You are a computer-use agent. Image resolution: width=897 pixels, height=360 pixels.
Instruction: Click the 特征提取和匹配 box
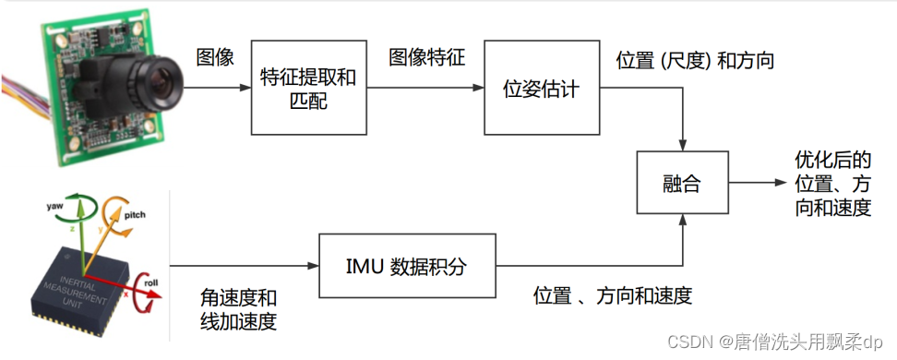308,90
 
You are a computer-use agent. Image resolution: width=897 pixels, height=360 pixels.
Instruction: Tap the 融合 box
682,183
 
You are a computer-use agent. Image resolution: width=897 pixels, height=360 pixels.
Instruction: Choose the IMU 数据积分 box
407,268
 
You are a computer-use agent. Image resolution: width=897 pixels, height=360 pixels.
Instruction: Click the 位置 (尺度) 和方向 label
695,61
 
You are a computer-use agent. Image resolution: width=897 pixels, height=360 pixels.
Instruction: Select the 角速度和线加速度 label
238,310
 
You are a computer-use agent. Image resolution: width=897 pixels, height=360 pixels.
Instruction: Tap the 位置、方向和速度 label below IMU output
613,296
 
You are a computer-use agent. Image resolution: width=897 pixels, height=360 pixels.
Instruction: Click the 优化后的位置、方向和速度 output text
833,184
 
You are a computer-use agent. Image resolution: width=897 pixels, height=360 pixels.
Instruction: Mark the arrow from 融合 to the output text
757,183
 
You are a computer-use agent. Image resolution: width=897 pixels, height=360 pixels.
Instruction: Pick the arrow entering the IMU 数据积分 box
249,268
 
